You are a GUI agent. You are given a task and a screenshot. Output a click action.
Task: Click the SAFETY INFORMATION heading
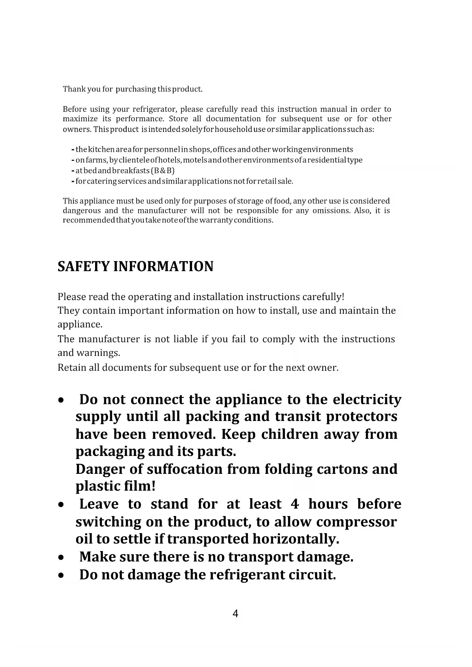click(135, 267)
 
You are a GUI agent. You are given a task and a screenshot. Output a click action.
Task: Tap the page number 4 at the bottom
click(235, 614)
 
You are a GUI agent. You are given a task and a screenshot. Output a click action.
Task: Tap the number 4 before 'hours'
click(295, 504)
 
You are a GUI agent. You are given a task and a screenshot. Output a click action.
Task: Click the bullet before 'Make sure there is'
click(61, 558)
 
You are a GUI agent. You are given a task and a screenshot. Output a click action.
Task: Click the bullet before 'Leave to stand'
click(61, 505)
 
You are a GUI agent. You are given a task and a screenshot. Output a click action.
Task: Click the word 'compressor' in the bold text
click(356, 522)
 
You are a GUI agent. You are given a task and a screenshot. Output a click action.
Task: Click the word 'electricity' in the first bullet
click(367, 400)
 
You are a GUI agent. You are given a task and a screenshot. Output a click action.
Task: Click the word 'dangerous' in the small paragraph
click(82, 211)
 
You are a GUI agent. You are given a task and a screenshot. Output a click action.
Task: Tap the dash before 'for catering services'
click(72, 181)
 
